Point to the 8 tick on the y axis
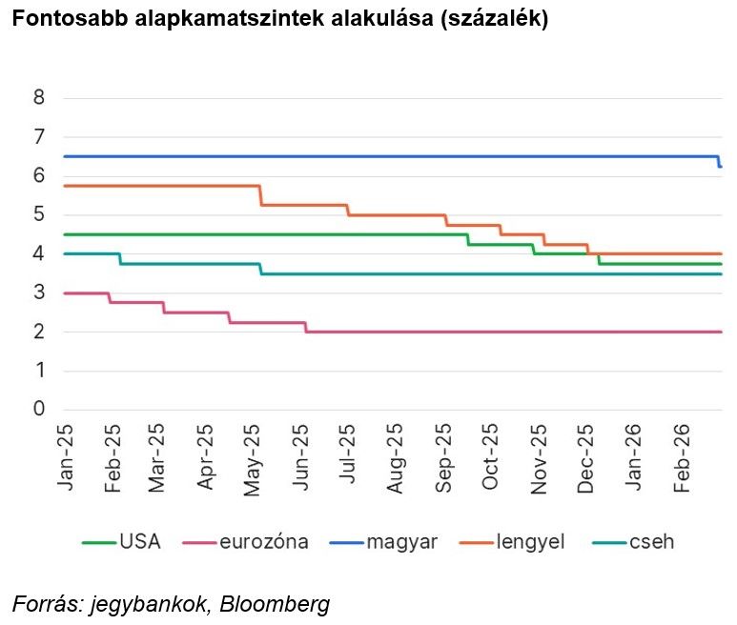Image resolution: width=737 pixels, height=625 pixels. (38, 97)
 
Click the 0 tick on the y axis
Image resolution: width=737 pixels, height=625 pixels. (38, 410)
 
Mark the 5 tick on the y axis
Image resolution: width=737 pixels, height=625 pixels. (38, 214)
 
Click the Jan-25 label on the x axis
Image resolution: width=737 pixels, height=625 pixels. (65, 457)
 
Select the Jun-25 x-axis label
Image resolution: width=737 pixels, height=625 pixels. (302, 457)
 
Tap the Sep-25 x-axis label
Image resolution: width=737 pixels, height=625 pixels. (444, 457)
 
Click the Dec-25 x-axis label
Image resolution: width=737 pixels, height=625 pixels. (586, 457)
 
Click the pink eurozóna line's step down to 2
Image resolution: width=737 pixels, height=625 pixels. (306, 327)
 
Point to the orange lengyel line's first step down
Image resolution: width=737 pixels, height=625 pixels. (261, 195)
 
